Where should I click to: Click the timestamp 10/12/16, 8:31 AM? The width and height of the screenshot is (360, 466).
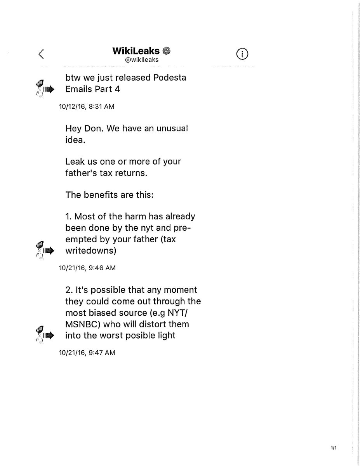[86, 106]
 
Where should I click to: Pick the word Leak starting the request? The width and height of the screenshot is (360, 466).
[74, 161]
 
